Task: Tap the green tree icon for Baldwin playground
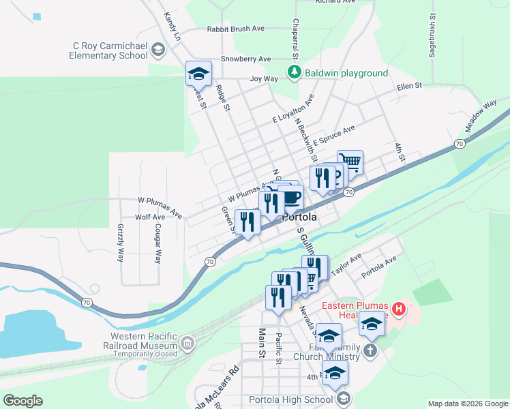coord(294,73)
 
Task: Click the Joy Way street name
coord(264,79)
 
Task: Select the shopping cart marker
coord(350,162)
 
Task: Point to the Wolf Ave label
coord(150,217)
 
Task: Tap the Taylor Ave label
coord(346,267)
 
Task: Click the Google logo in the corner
coord(22,401)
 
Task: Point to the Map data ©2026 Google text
coord(467,404)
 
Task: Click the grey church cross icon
coord(369,351)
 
